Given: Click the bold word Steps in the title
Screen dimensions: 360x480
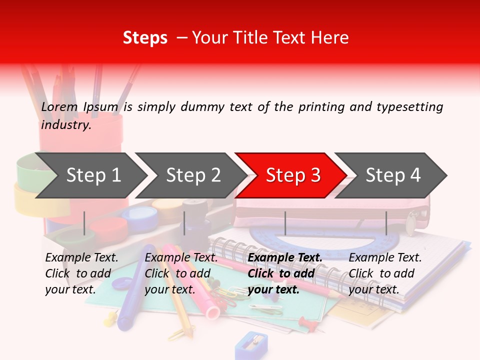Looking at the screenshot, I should click(145, 37).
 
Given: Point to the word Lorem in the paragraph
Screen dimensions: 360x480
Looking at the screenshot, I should click(59, 106).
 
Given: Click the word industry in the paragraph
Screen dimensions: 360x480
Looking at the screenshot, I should click(65, 124).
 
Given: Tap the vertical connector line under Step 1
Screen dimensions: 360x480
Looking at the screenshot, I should click(84, 223).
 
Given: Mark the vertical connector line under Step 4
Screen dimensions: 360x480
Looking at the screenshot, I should click(386, 223).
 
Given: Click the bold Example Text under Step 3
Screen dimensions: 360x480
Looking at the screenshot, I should click(285, 258).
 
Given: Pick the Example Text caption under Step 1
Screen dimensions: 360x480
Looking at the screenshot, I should click(81, 258).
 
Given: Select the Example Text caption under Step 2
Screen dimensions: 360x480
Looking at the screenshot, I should click(181, 258).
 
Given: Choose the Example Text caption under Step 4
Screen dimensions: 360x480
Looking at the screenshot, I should click(385, 258).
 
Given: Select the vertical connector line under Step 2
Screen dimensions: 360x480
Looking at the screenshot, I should click(184, 223).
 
